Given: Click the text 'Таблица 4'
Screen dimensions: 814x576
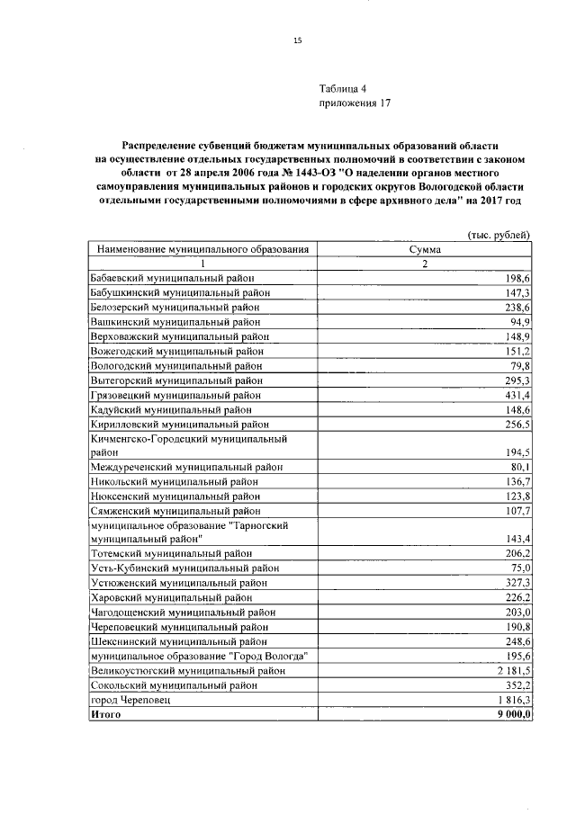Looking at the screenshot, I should click(x=344, y=88).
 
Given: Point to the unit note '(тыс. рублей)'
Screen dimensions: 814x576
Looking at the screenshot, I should click(x=499, y=234).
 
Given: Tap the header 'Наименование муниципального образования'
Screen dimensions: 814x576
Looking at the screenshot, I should click(x=203, y=249).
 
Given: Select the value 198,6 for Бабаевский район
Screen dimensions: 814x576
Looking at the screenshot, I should click(x=517, y=279).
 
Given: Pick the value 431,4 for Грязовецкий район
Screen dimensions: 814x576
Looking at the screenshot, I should click(x=516, y=395).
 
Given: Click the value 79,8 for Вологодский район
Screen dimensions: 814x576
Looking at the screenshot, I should click(x=519, y=365).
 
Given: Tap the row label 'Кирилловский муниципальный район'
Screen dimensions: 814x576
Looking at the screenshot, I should click(x=180, y=424).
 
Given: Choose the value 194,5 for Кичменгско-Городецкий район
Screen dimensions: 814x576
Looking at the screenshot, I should click(x=517, y=452).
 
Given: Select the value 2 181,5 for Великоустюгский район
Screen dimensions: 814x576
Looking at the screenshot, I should click(x=511, y=669).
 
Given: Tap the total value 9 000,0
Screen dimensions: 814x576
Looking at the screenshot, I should click(x=512, y=713).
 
